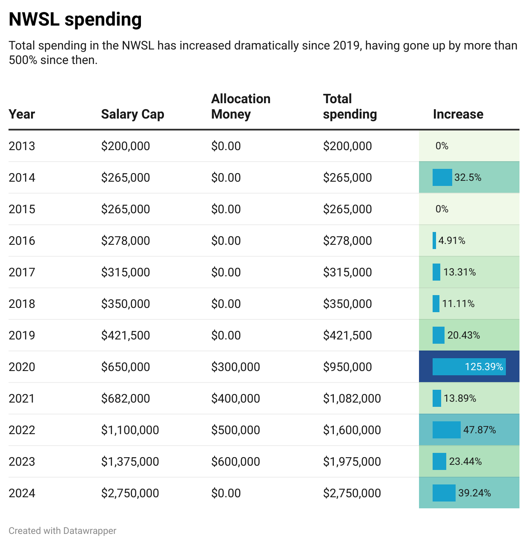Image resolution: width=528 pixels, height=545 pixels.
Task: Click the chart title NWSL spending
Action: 75,20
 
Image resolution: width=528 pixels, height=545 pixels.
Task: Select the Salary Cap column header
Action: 132,114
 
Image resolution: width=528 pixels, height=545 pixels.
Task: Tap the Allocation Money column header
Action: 241,107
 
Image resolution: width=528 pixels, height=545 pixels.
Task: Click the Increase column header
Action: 458,114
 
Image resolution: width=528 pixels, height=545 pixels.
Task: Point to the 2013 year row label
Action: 22,146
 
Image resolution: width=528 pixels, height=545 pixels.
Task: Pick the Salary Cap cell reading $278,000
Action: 125,241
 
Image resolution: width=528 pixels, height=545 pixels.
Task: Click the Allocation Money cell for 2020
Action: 235,367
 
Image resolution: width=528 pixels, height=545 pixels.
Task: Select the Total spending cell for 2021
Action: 352,398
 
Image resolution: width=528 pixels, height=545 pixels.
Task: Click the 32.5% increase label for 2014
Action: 468,177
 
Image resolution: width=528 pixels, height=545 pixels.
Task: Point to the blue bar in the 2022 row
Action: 446,430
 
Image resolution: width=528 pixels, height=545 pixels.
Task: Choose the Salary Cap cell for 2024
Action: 130,493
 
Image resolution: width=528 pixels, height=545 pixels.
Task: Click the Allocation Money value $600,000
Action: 235,461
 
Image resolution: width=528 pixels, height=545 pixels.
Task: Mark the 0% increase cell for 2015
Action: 442,209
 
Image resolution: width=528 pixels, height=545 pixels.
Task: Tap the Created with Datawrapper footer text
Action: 62,531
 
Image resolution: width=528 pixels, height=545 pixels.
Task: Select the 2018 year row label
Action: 22,304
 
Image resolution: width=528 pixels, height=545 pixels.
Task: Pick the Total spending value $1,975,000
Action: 352,461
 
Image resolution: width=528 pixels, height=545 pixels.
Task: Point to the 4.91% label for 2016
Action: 451,241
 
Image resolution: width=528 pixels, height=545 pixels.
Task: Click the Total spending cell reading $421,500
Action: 347,335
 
